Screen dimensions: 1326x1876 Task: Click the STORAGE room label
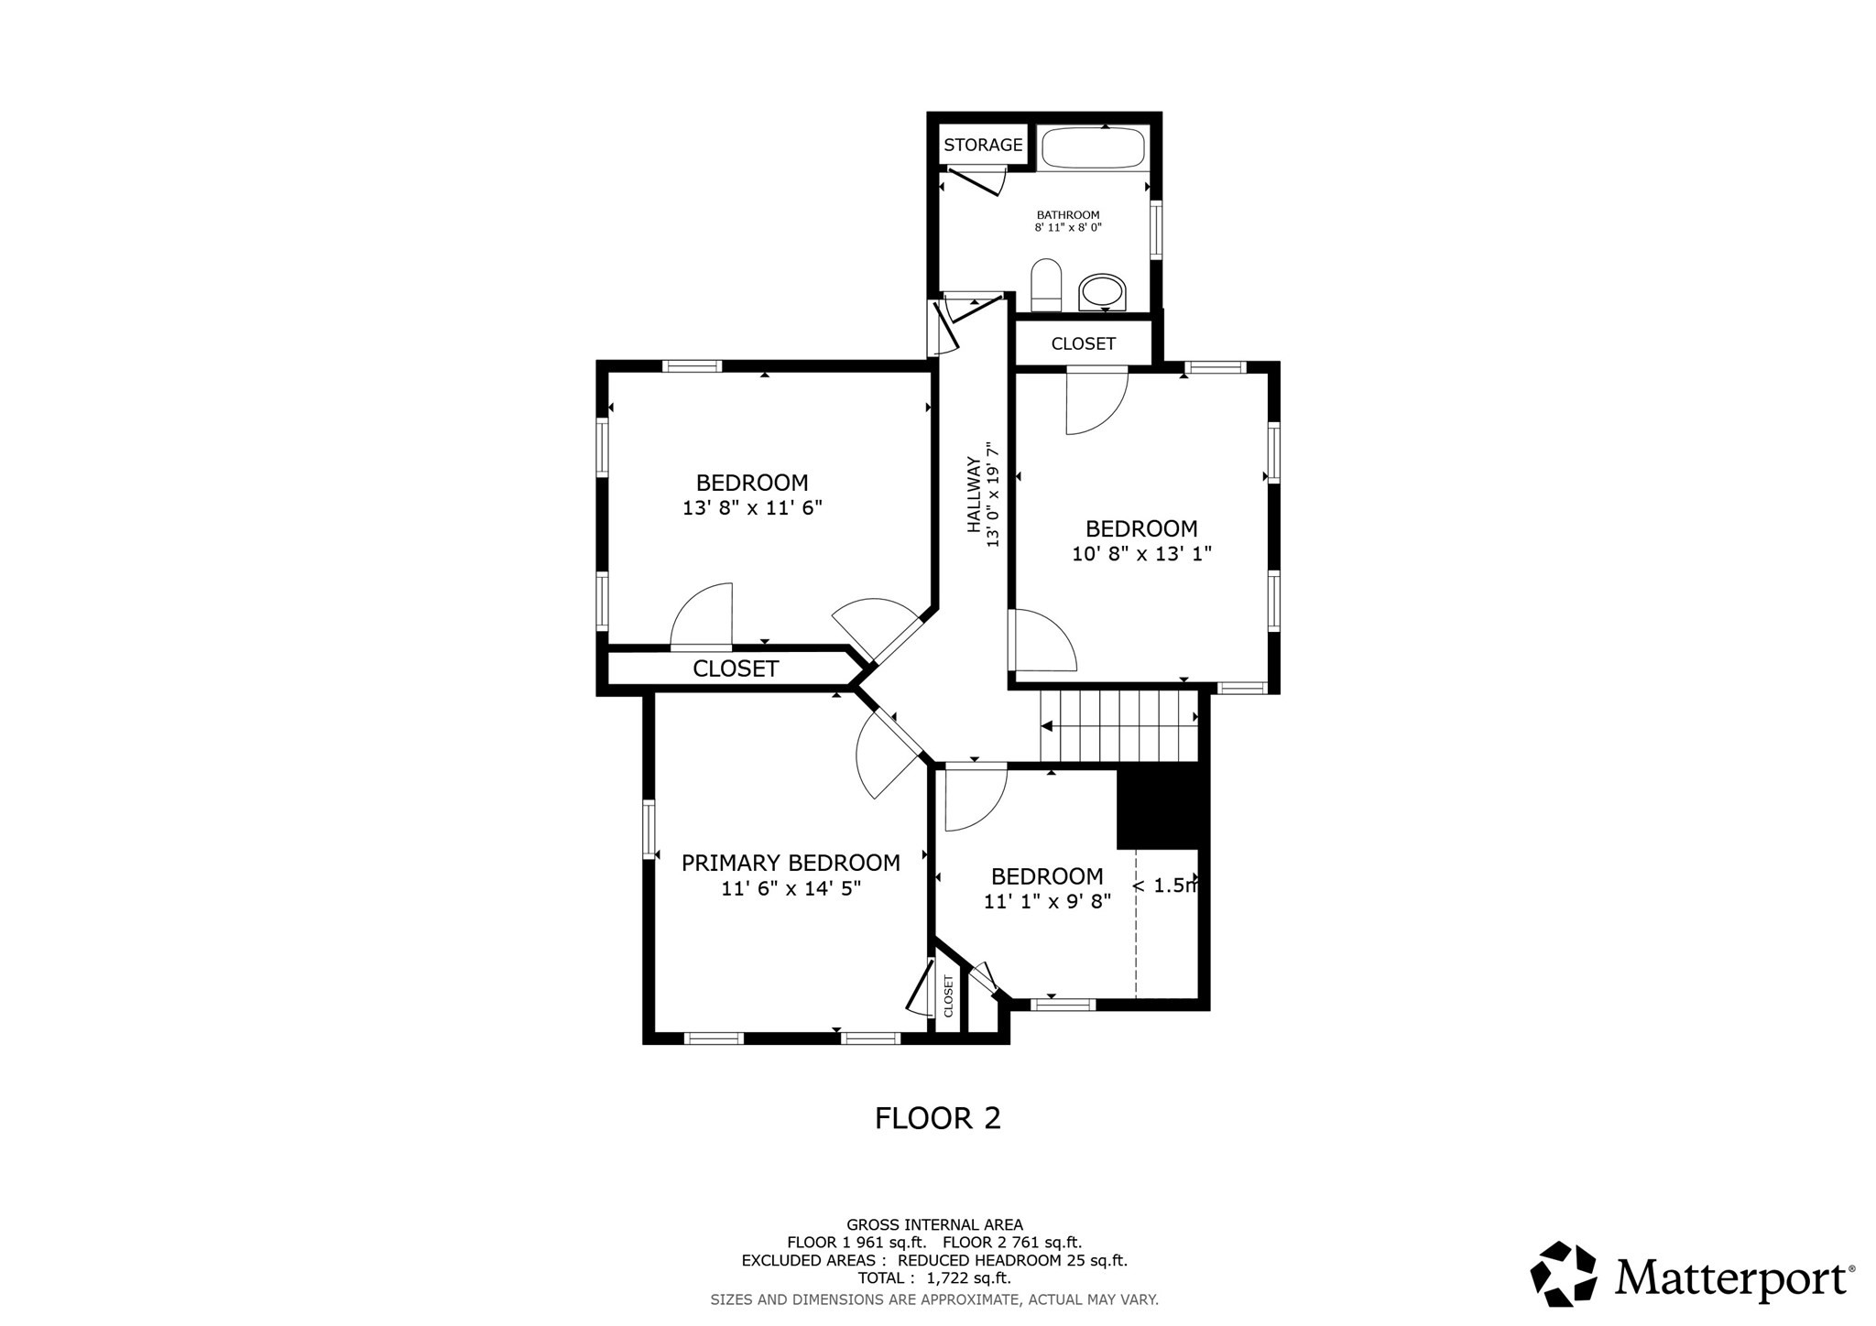[x=983, y=145]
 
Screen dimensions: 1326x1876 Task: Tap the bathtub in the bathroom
[x=1093, y=147]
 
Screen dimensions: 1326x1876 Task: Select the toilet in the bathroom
[x=1045, y=285]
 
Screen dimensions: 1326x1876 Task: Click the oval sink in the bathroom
[x=1102, y=292]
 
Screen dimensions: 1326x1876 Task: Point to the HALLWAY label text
[x=974, y=495]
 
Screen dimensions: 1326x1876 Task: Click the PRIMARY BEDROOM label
[x=791, y=863]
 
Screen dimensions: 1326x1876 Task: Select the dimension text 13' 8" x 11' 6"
[x=752, y=507]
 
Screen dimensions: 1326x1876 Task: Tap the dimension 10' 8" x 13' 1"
[x=1141, y=553]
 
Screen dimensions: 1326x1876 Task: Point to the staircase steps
[x=1119, y=726]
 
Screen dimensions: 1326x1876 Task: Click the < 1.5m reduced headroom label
[x=1164, y=886]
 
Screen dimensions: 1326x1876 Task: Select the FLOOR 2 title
[x=937, y=1118]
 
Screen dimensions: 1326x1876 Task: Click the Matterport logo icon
[x=1564, y=1274]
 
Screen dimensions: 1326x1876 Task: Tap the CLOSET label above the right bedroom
[x=1083, y=343]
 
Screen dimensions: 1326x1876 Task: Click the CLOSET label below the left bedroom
[x=736, y=668]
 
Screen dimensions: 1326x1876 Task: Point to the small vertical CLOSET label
[x=948, y=995]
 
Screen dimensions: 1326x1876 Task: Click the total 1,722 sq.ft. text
[x=934, y=1277]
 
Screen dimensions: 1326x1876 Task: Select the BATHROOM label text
[x=1068, y=214]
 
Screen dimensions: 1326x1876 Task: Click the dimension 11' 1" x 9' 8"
[x=1047, y=901]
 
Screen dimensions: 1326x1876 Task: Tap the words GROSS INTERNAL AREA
[x=934, y=1224]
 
